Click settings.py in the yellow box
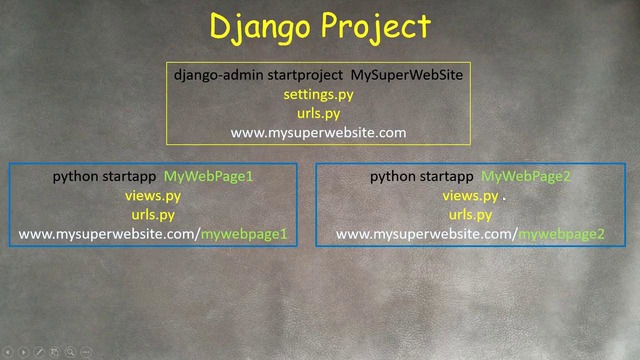pos(319,95)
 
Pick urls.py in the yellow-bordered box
pos(319,113)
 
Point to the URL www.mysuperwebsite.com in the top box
pos(319,132)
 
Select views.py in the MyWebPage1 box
pos(153,196)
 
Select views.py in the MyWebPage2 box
pos(470,196)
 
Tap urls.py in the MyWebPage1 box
pos(153,215)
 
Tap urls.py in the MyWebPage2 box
pos(470,215)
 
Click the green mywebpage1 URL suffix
pos(244,234)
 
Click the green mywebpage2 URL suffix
pos(561,234)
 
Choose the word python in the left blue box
pos(75,177)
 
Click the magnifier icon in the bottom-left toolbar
pos(71,352)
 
